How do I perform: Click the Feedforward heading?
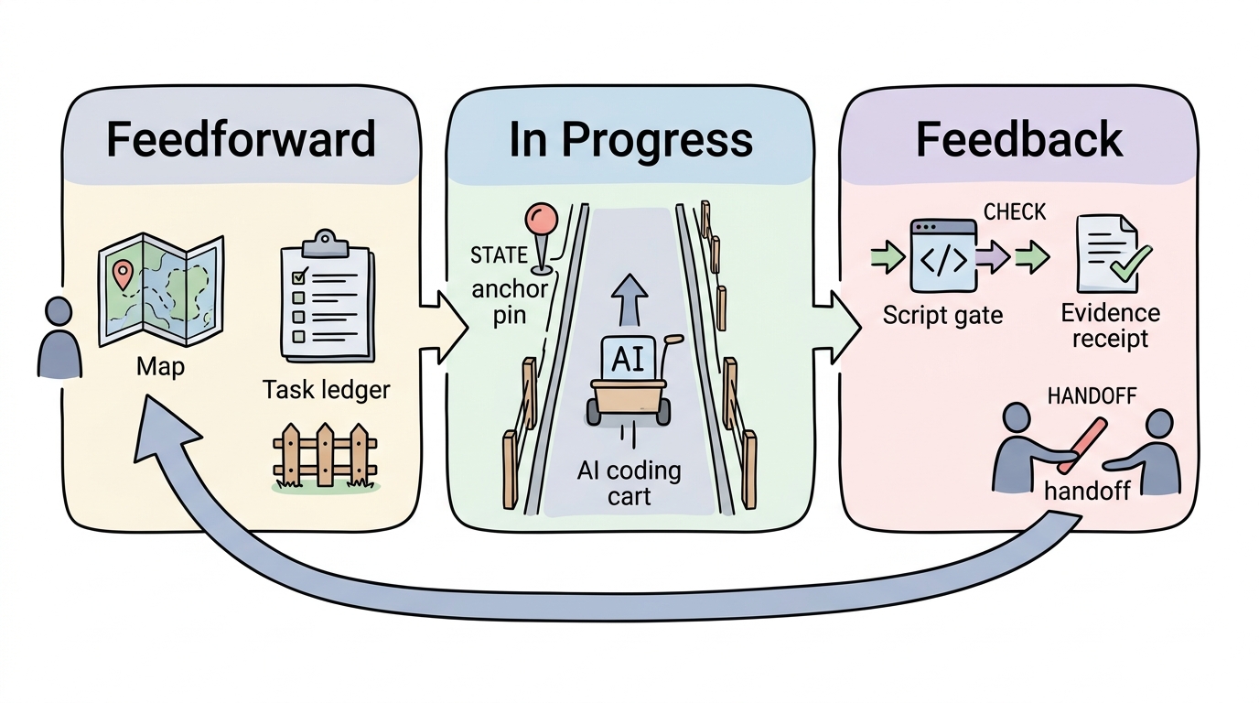click(x=241, y=139)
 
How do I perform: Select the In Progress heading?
click(x=630, y=141)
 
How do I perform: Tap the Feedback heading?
click(x=1019, y=139)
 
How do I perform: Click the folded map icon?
click(x=161, y=290)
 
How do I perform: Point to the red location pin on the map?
click(x=123, y=274)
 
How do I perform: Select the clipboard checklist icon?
click(x=328, y=297)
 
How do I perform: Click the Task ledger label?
click(x=326, y=390)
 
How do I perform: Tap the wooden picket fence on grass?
click(x=325, y=457)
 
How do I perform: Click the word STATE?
click(x=499, y=256)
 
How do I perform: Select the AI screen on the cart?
click(x=629, y=358)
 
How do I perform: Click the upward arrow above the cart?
click(x=629, y=299)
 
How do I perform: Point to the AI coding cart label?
click(x=629, y=483)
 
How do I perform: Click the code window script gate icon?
click(x=943, y=255)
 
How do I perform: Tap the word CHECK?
click(x=1015, y=212)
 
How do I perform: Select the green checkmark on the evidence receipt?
click(x=1131, y=264)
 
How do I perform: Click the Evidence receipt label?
click(x=1110, y=326)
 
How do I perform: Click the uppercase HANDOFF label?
click(x=1092, y=396)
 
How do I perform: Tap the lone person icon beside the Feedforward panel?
click(x=59, y=338)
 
